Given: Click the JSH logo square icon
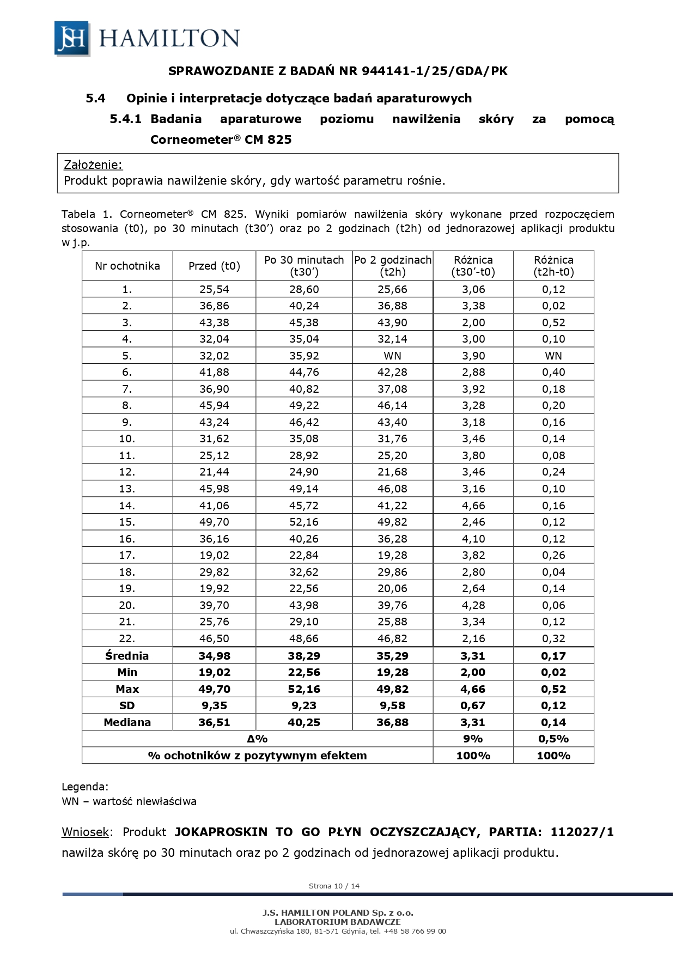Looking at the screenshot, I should [x=72, y=38].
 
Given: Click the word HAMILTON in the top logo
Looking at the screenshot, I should [x=169, y=38].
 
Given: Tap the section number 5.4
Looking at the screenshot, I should [x=95, y=99].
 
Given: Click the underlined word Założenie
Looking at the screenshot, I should [x=93, y=165].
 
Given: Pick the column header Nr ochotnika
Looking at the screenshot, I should [x=127, y=266].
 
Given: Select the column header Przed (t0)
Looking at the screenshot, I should [x=214, y=266].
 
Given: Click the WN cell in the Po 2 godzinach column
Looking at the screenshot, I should [x=392, y=356].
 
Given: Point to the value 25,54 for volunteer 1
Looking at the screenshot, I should [x=214, y=289].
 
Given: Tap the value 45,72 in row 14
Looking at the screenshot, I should [x=304, y=506].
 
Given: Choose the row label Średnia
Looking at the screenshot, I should [x=127, y=656].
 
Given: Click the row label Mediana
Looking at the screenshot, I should [x=127, y=722].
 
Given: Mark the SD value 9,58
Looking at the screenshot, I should [x=392, y=705].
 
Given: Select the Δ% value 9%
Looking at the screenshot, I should [x=473, y=739].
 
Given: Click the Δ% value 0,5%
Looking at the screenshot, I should [x=553, y=739].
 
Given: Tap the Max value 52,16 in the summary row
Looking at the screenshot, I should [x=304, y=689].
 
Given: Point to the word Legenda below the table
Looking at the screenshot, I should [x=85, y=787].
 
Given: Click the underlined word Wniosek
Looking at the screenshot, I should [x=86, y=832].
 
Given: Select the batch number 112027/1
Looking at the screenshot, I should [x=582, y=832].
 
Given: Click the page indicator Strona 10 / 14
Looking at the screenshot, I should [x=334, y=886].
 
